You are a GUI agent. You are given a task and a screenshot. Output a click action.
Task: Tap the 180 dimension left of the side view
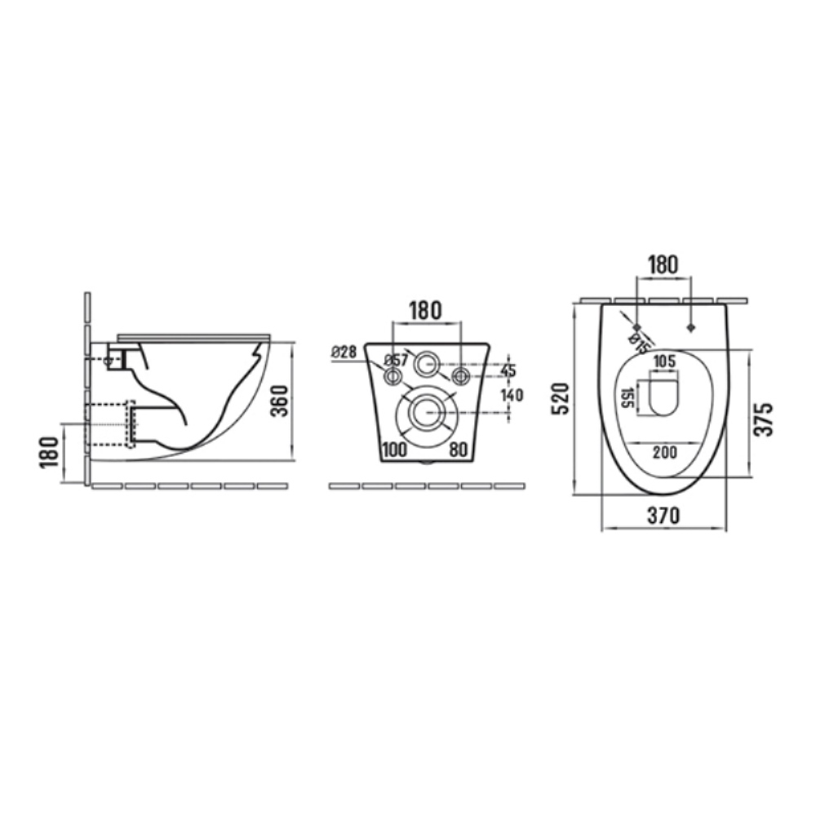[x=50, y=452]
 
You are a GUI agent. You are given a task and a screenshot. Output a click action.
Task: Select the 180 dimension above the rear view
[x=426, y=311]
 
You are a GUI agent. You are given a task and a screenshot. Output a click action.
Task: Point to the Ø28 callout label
[x=344, y=353]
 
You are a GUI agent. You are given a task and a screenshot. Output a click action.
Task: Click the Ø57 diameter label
[x=396, y=360]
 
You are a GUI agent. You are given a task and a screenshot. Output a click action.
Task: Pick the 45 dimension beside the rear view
[x=508, y=370]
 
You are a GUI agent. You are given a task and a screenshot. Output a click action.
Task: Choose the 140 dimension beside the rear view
[x=512, y=395]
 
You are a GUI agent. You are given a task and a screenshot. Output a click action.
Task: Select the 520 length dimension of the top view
[x=561, y=398]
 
